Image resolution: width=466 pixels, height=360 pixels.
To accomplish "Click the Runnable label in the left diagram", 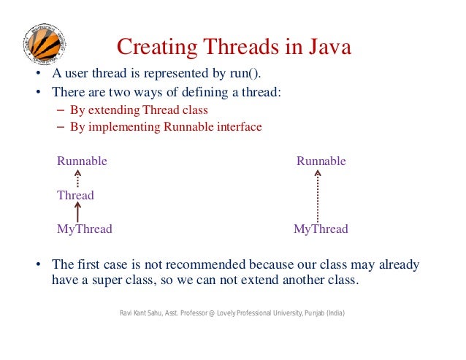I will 82,161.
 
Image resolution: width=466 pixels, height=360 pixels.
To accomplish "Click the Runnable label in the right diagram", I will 321,161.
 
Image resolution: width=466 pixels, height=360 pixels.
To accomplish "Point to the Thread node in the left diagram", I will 75,195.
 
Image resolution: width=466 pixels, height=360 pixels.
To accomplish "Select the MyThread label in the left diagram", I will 85,229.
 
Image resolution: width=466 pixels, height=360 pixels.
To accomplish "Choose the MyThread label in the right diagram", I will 321,229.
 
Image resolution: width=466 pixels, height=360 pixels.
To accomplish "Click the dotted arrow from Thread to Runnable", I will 77,178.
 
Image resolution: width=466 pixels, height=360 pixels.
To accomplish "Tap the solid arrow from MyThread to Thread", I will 77,212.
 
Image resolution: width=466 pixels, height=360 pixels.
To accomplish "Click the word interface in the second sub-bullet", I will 237,126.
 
